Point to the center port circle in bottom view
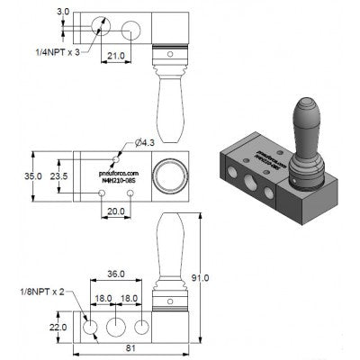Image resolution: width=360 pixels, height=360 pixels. pyautogui.click(x=116, y=325)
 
